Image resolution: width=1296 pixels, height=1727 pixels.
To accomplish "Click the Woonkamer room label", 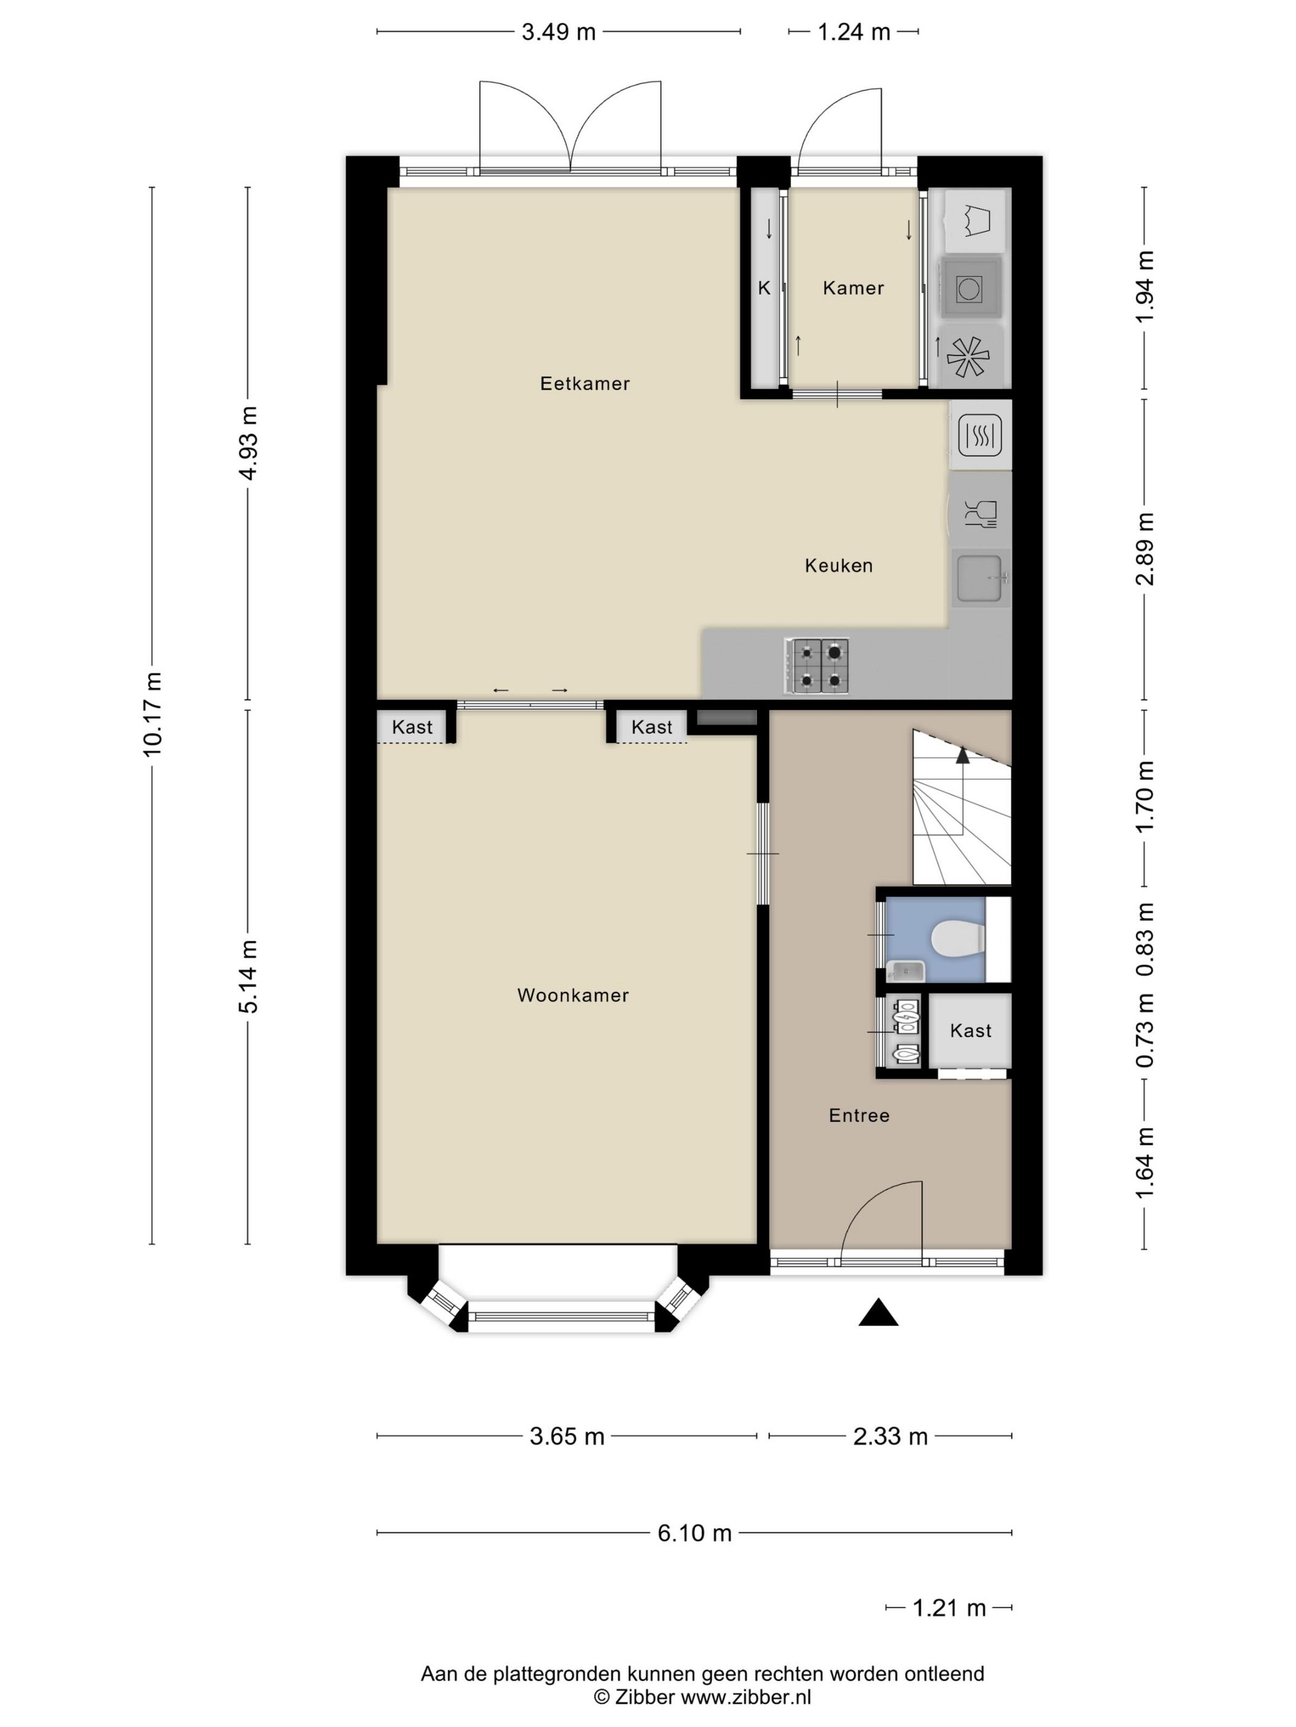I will point(573,995).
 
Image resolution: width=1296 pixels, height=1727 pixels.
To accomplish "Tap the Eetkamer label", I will point(584,384).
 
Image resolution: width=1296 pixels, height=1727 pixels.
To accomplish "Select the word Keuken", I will point(838,565).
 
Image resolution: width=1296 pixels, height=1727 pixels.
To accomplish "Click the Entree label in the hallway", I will point(858,1116).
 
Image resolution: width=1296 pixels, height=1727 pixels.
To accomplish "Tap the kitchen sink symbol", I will point(979,579).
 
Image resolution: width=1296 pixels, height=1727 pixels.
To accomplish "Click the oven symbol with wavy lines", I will point(979,434).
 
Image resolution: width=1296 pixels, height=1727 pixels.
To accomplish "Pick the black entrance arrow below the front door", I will point(878,1313).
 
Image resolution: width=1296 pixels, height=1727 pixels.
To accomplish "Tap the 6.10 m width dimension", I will point(694,1533).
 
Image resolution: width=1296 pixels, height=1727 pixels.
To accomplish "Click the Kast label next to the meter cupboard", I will point(970,1031).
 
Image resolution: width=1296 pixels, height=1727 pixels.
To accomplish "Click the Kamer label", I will point(853,288).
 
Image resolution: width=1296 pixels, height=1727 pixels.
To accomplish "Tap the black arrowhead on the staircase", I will point(962,755).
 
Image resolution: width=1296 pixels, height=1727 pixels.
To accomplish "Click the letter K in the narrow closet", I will point(764,288).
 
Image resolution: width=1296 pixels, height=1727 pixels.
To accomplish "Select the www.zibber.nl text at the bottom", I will point(746,1697).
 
